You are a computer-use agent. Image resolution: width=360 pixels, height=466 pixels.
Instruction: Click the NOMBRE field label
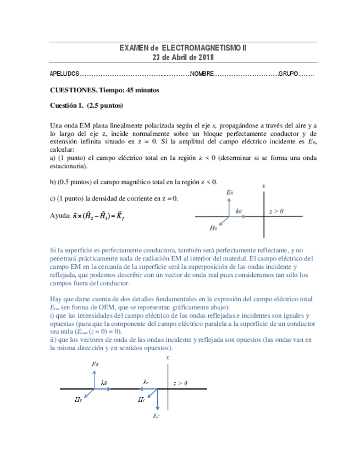[x=202, y=74]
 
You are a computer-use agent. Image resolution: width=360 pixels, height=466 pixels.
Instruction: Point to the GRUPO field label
[x=289, y=74]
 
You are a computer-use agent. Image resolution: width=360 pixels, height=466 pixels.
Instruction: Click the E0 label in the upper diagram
[x=230, y=192]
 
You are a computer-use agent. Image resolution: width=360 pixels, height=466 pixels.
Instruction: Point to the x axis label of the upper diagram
[x=264, y=186]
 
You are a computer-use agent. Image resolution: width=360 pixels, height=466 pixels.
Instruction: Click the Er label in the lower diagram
[x=157, y=417]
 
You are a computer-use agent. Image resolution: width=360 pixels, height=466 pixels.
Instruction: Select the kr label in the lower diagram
[x=146, y=381]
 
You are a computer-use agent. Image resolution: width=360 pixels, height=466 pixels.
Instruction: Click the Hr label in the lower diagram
[x=141, y=401]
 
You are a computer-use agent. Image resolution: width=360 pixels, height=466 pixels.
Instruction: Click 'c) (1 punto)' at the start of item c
[x=67, y=198]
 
